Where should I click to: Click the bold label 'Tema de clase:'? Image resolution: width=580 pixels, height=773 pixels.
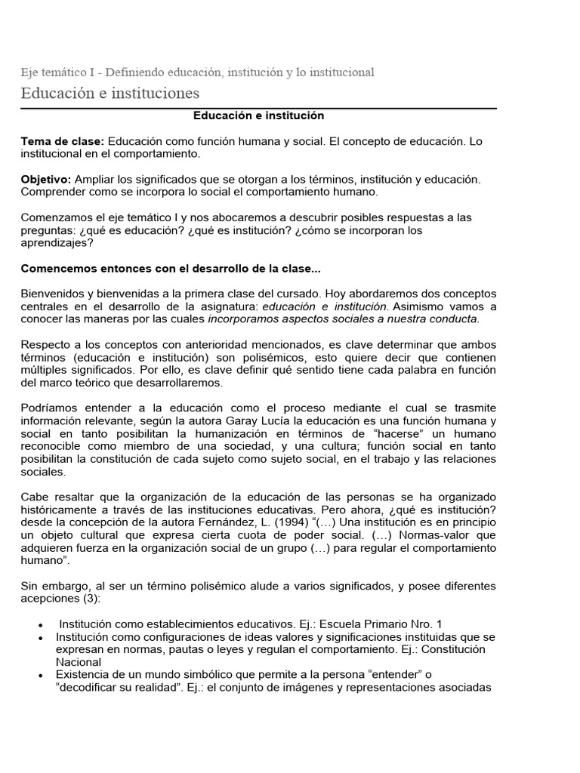[63, 142]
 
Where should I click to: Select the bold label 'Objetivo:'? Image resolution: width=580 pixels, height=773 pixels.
[45, 180]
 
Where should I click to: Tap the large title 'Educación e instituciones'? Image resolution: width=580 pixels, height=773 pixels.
[110, 94]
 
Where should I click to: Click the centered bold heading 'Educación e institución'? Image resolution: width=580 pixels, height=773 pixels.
[258, 116]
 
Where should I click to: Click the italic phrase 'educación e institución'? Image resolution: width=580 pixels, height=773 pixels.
[325, 306]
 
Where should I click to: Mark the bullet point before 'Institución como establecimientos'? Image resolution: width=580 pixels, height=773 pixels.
[39, 625]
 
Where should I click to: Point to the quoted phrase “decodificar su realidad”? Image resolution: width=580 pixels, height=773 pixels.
[125, 687]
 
